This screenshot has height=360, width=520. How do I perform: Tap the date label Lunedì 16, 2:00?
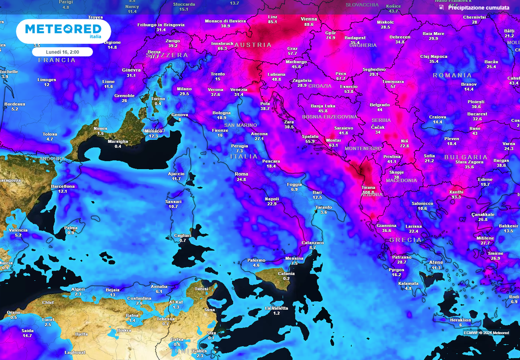(x=62, y=52)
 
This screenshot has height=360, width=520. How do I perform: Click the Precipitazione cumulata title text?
(x=478, y=8)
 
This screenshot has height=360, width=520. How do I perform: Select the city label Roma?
(x=241, y=174)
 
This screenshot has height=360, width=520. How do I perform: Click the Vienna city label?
(x=309, y=19)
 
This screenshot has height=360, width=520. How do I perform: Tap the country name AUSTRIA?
(x=256, y=45)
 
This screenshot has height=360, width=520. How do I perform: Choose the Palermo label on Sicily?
(x=256, y=260)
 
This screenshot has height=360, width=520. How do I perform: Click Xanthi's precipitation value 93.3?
(x=457, y=197)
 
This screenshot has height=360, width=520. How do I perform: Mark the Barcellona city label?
(x=63, y=186)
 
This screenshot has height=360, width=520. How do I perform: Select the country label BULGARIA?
(x=466, y=157)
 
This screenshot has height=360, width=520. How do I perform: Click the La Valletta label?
(x=276, y=308)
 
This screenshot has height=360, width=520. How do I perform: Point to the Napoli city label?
(x=272, y=199)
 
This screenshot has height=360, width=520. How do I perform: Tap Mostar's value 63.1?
(x=333, y=145)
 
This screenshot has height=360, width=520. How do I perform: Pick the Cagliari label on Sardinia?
(x=182, y=235)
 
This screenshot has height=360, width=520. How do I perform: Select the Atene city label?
(x=436, y=262)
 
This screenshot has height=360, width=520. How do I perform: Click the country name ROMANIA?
(x=452, y=75)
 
